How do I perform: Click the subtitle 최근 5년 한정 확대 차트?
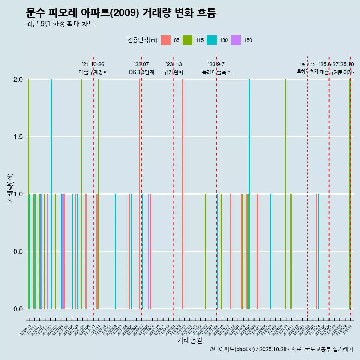(x=60, y=24)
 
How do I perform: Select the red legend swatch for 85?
(x=165, y=40)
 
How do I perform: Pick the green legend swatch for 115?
(x=187, y=40)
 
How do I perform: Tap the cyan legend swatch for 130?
(x=211, y=40)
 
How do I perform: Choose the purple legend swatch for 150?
(x=236, y=40)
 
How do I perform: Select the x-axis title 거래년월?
(x=189, y=340)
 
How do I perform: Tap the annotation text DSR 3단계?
(x=141, y=72)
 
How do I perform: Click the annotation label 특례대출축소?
(x=216, y=72)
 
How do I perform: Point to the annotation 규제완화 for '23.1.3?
(x=173, y=72)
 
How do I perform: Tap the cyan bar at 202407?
(x=271, y=251)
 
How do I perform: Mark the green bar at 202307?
(x=205, y=251)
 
